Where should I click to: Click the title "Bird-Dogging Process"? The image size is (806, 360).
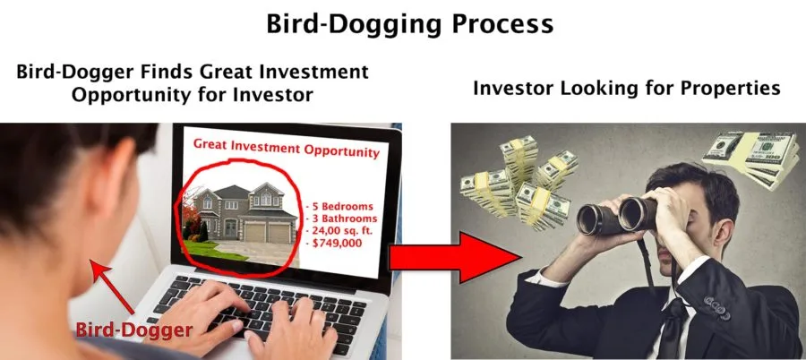[x=409, y=24]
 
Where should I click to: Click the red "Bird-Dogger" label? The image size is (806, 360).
[x=134, y=330]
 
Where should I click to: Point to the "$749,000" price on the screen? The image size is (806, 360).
[x=337, y=243]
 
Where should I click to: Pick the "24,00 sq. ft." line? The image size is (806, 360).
[x=339, y=230]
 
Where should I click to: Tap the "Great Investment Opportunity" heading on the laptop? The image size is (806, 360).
[x=287, y=148]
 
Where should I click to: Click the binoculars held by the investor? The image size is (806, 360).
[x=617, y=217]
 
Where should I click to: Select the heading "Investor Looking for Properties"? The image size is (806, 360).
[x=627, y=88]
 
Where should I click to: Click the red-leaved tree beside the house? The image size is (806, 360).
[x=192, y=216]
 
